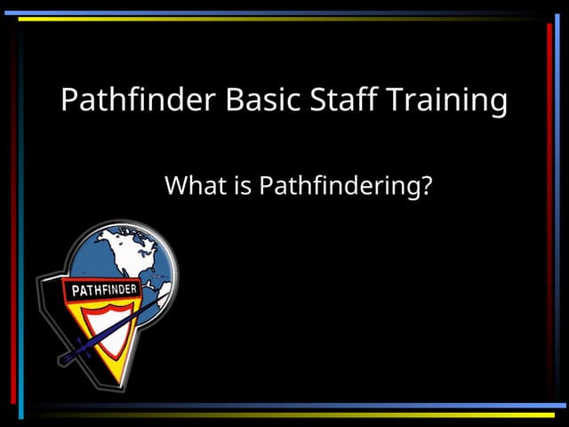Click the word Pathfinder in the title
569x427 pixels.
click(x=138, y=100)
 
